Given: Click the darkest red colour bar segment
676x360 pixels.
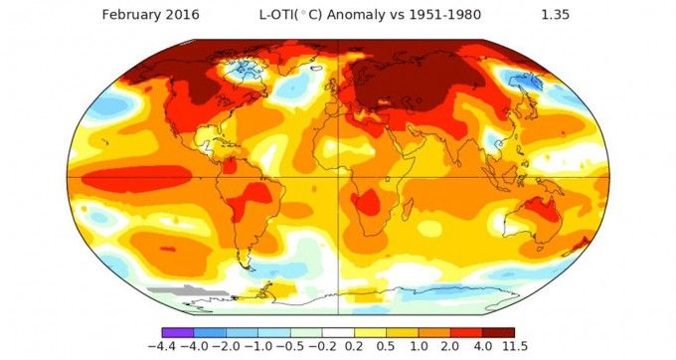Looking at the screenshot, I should tap(499, 331).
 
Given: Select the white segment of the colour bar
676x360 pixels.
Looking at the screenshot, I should tap(338, 331).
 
